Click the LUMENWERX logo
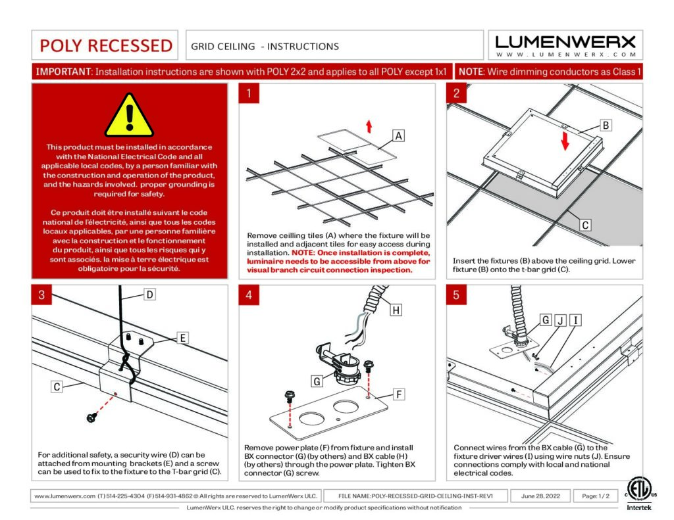(x=565, y=45)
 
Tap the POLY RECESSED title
(x=106, y=45)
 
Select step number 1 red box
(x=249, y=93)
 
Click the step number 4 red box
(x=249, y=295)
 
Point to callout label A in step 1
(x=398, y=136)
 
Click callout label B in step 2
(x=606, y=125)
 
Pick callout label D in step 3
(x=149, y=295)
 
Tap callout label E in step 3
(x=183, y=339)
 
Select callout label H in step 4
(x=395, y=310)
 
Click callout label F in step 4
(x=398, y=394)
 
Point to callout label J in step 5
(x=560, y=320)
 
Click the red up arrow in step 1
(x=369, y=126)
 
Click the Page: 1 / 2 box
(x=596, y=496)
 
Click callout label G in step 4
(x=317, y=381)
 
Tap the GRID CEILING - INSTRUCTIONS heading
(x=265, y=46)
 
